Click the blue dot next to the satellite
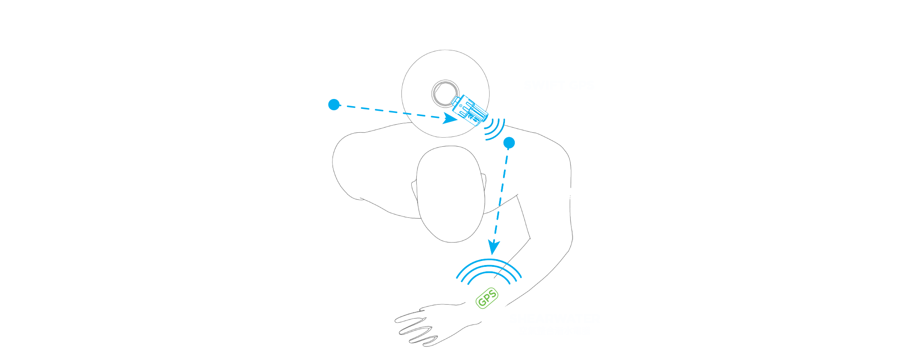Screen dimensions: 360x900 (x=334, y=104)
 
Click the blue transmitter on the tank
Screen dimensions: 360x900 (x=470, y=110)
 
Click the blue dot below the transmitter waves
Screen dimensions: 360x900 (x=509, y=143)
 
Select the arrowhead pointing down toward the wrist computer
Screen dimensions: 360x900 (x=494, y=247)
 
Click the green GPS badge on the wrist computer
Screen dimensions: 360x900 (x=487, y=299)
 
